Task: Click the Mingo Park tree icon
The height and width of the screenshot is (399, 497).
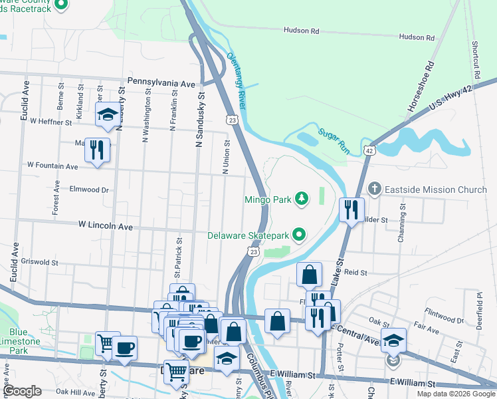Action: [x=302, y=198]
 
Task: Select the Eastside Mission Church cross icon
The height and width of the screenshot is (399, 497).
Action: [x=375, y=190]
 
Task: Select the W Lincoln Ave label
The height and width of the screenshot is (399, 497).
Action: [x=106, y=227]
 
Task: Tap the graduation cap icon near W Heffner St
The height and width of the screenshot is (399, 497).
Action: [x=107, y=114]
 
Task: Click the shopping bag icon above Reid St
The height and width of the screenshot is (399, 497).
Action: [x=310, y=273]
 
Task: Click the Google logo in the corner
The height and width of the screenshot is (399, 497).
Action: [x=22, y=391]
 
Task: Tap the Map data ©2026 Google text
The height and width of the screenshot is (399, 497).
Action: [x=456, y=394]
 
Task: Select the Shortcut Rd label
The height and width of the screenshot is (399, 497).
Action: [x=476, y=59]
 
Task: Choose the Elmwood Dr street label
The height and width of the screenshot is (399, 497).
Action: [x=84, y=190]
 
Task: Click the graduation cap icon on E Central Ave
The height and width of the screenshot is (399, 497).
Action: [x=393, y=340]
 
